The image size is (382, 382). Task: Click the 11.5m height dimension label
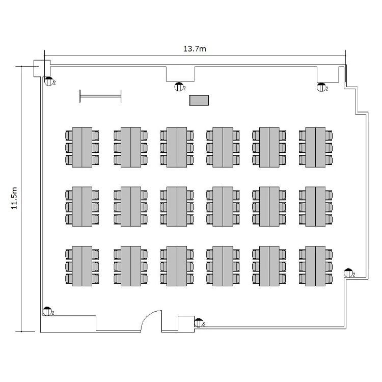point(15,198)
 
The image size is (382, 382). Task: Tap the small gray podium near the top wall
point(199,100)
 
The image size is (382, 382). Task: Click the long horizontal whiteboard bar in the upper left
point(100,95)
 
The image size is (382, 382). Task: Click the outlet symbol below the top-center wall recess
point(179,87)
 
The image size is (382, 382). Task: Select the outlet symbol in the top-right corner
point(321,87)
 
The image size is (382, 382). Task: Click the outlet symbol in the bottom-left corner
point(47,310)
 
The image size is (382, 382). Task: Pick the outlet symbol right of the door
point(199,322)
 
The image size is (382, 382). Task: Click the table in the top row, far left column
point(82,147)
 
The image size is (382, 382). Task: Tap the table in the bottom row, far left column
point(82,266)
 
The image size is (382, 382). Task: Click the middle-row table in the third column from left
point(176,207)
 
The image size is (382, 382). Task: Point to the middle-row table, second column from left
point(130,207)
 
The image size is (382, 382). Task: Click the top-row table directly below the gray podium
point(223,147)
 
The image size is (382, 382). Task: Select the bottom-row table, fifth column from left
point(269,266)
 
